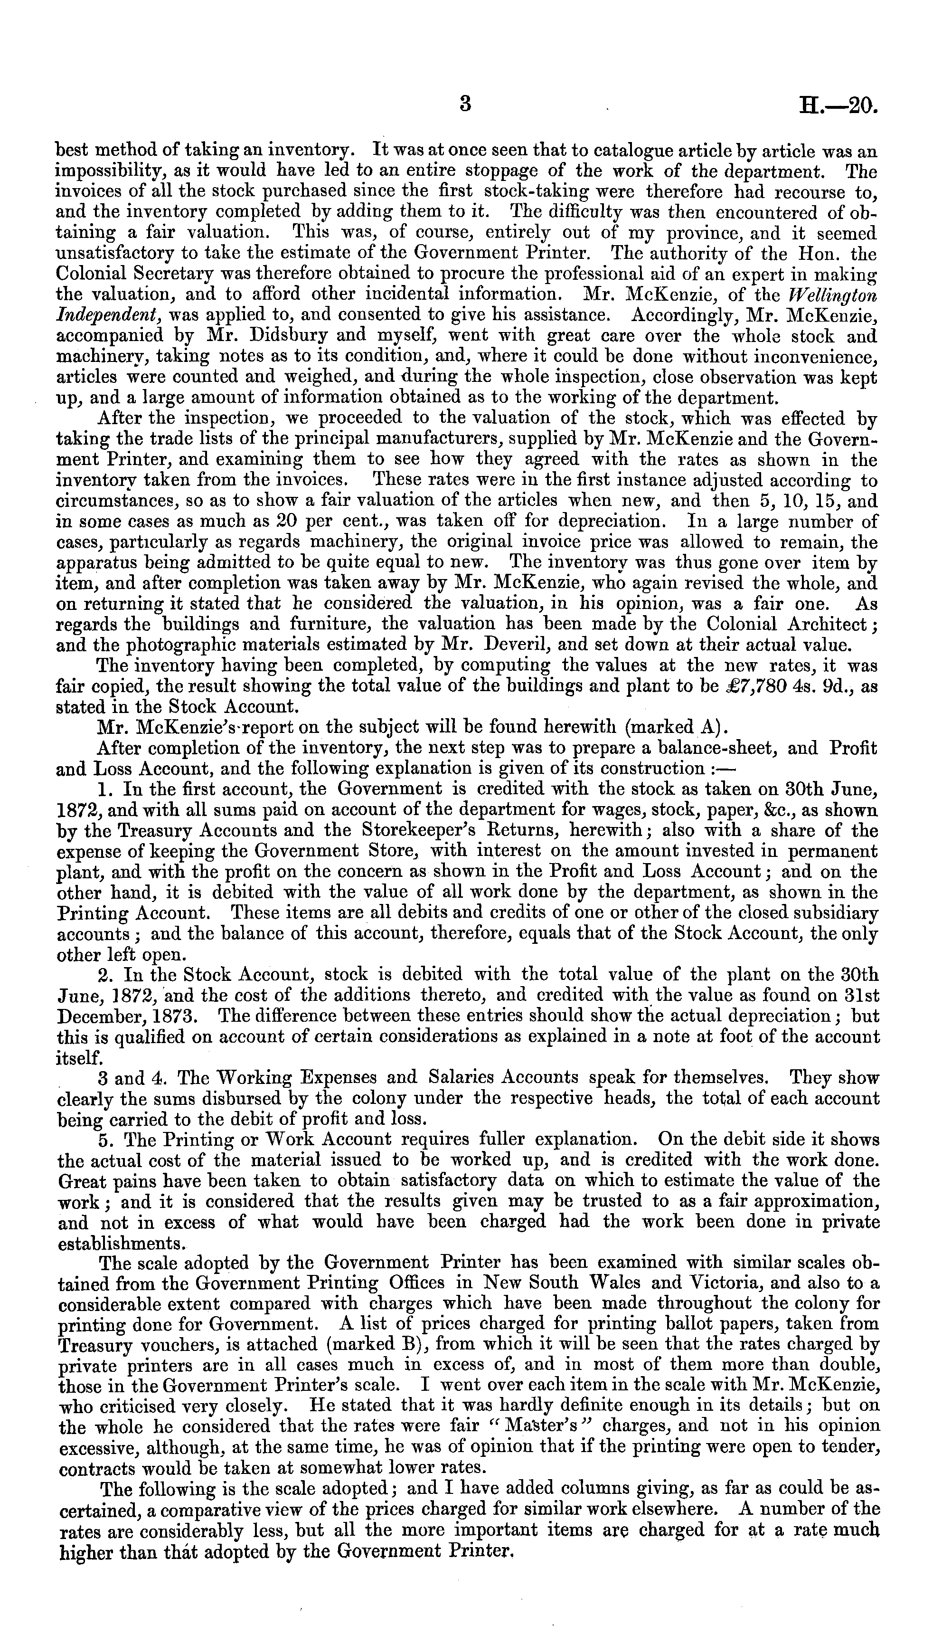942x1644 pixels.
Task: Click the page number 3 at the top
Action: click(464, 104)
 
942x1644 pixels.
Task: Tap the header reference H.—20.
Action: click(838, 105)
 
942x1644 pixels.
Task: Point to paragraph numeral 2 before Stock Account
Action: click(104, 975)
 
